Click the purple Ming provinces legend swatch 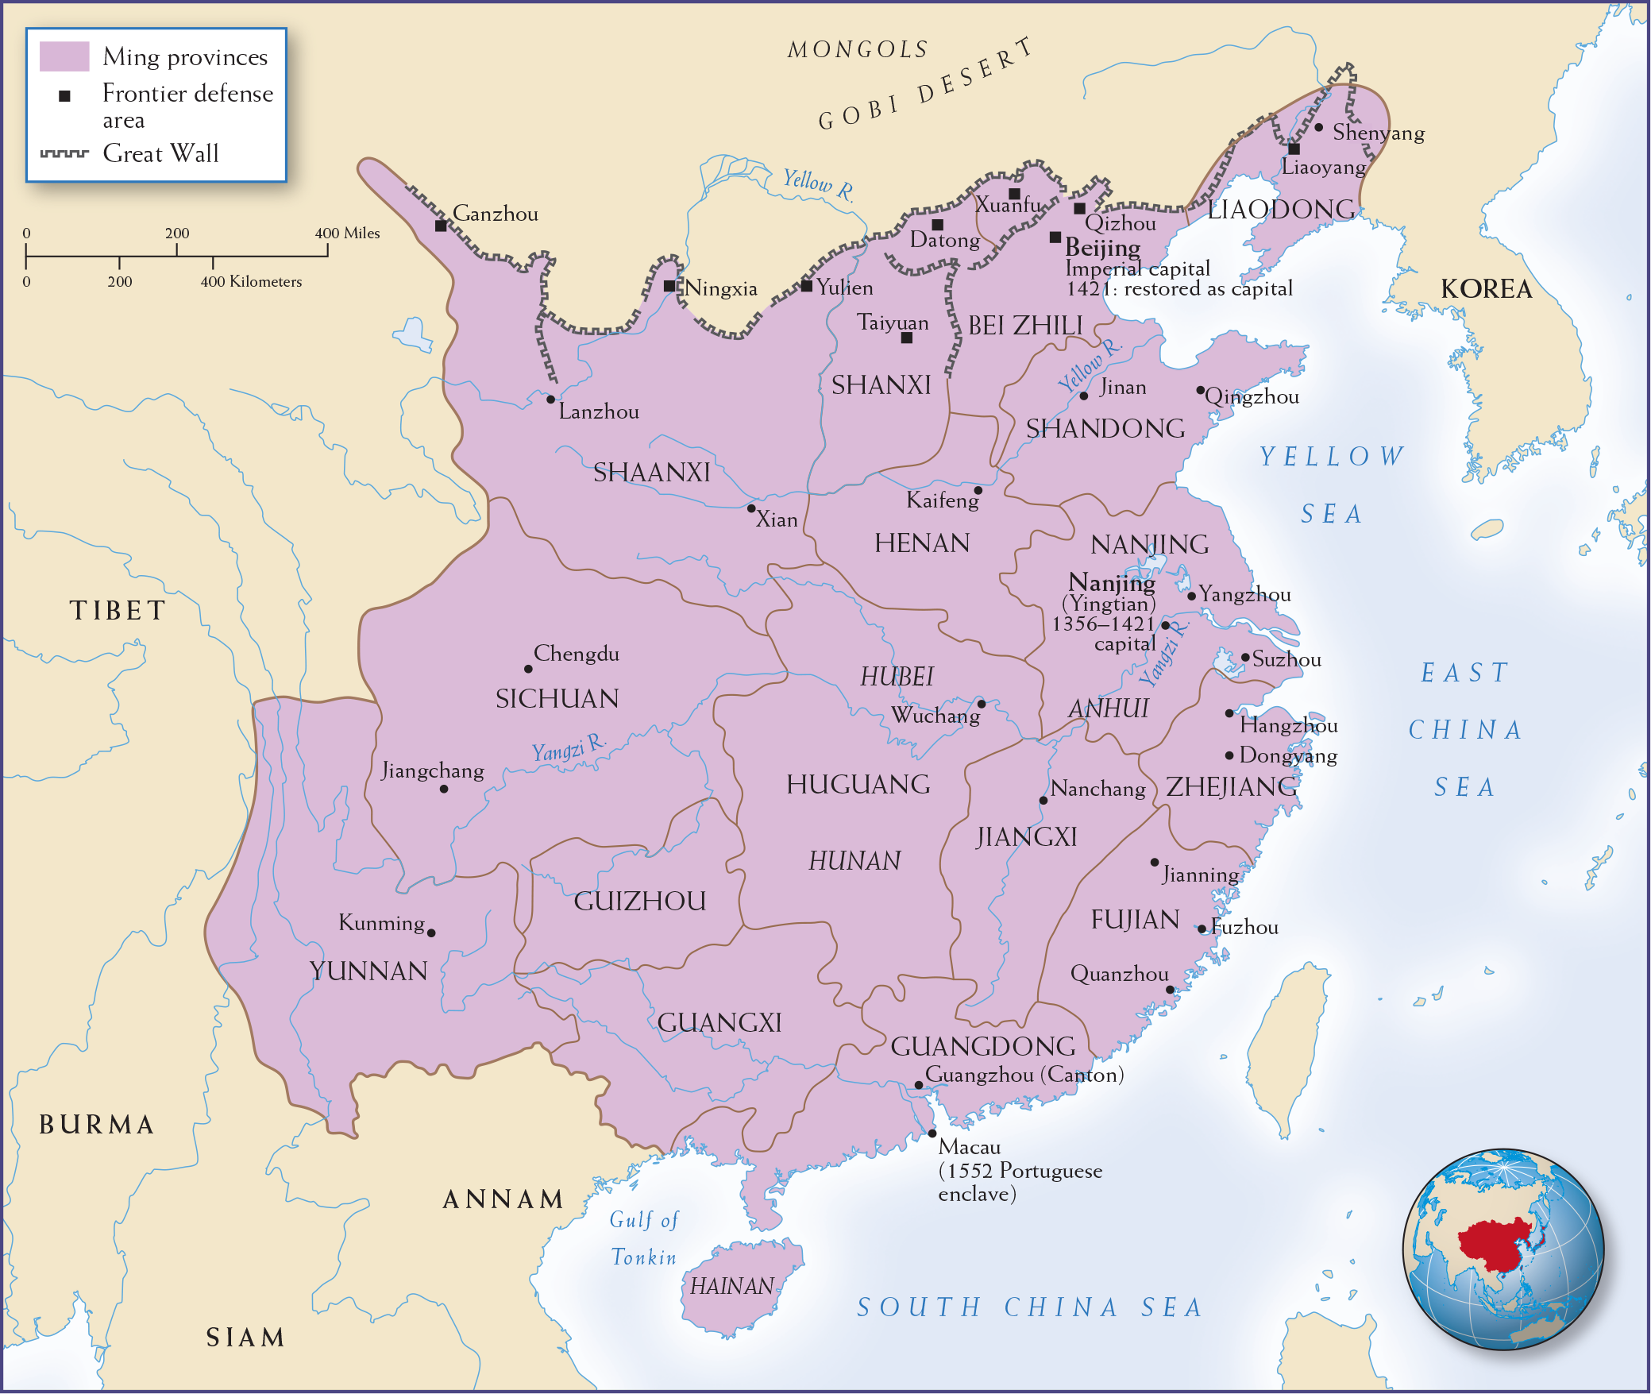click(x=64, y=56)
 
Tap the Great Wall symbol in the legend click(x=64, y=153)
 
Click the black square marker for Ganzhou click(x=441, y=226)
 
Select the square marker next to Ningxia click(x=669, y=286)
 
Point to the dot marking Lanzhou click(x=550, y=399)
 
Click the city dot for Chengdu click(x=528, y=669)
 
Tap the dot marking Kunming click(x=431, y=933)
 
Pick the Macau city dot click(x=932, y=1133)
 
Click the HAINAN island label click(x=731, y=1286)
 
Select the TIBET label click(x=118, y=611)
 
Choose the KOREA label click(x=1486, y=289)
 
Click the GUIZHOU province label click(x=640, y=902)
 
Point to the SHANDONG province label click(x=1105, y=429)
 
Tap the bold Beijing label click(x=1102, y=247)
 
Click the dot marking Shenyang click(x=1318, y=127)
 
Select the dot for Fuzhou click(x=1202, y=929)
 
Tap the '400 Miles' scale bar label click(x=347, y=234)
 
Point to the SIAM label click(x=245, y=1338)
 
